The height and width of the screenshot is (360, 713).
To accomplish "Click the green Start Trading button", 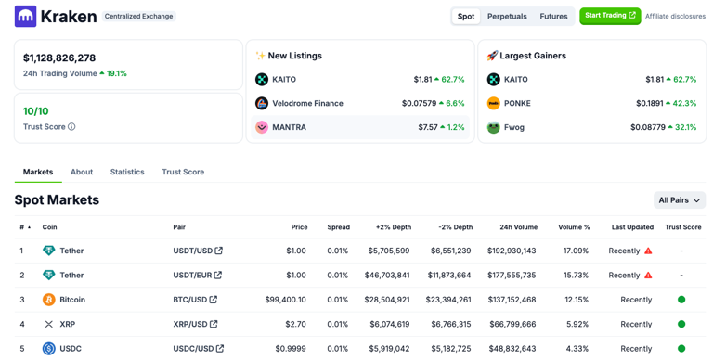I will [x=610, y=16].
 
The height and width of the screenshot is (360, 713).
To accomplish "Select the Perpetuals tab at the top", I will [x=507, y=16].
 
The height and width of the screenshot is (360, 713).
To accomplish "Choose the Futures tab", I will [x=553, y=16].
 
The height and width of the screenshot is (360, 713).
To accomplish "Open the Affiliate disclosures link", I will [x=675, y=16].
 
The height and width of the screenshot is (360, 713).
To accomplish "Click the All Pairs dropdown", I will [x=680, y=200].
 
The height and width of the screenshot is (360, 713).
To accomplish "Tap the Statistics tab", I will [x=127, y=172].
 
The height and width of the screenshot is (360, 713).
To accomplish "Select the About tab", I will [x=82, y=172].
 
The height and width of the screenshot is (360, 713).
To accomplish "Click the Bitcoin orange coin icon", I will [x=49, y=300].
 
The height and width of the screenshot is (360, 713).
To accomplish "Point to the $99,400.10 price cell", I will [x=285, y=300].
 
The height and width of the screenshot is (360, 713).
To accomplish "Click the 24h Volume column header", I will [x=518, y=227].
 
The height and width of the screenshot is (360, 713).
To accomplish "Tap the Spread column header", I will [x=338, y=227].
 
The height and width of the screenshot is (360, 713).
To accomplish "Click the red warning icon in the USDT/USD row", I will [x=648, y=251].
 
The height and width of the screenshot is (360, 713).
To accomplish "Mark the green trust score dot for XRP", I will [x=681, y=324].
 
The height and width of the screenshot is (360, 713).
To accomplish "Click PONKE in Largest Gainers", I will [x=517, y=103].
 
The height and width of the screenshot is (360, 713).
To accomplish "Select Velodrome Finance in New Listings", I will [x=306, y=103].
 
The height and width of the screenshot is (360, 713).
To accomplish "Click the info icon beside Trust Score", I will [x=71, y=127].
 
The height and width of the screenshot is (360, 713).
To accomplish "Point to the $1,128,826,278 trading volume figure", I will [x=59, y=58].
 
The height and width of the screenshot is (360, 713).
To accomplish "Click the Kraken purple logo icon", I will [x=25, y=16].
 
